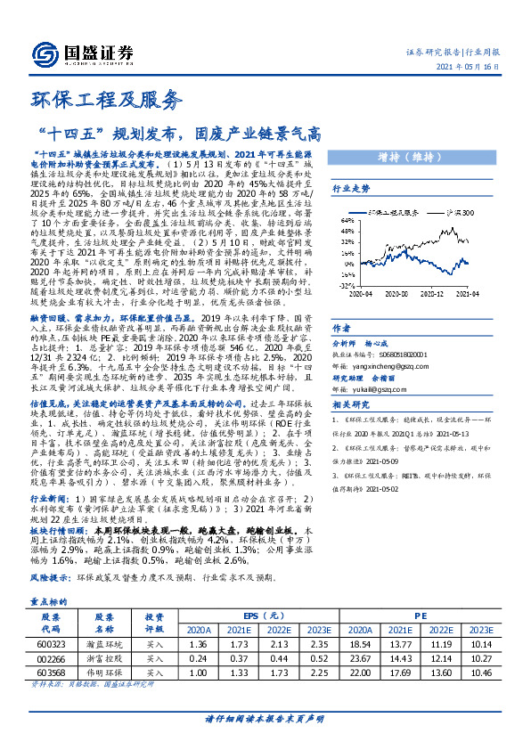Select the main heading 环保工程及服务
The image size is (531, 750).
click(101, 101)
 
